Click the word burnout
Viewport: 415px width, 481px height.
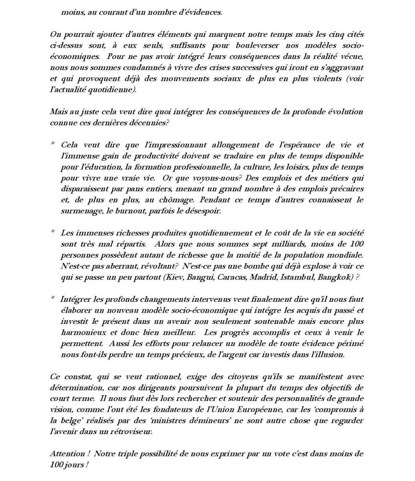click(123, 211)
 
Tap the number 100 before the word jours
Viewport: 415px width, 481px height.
click(56, 465)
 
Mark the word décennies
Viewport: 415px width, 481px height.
click(149, 123)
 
